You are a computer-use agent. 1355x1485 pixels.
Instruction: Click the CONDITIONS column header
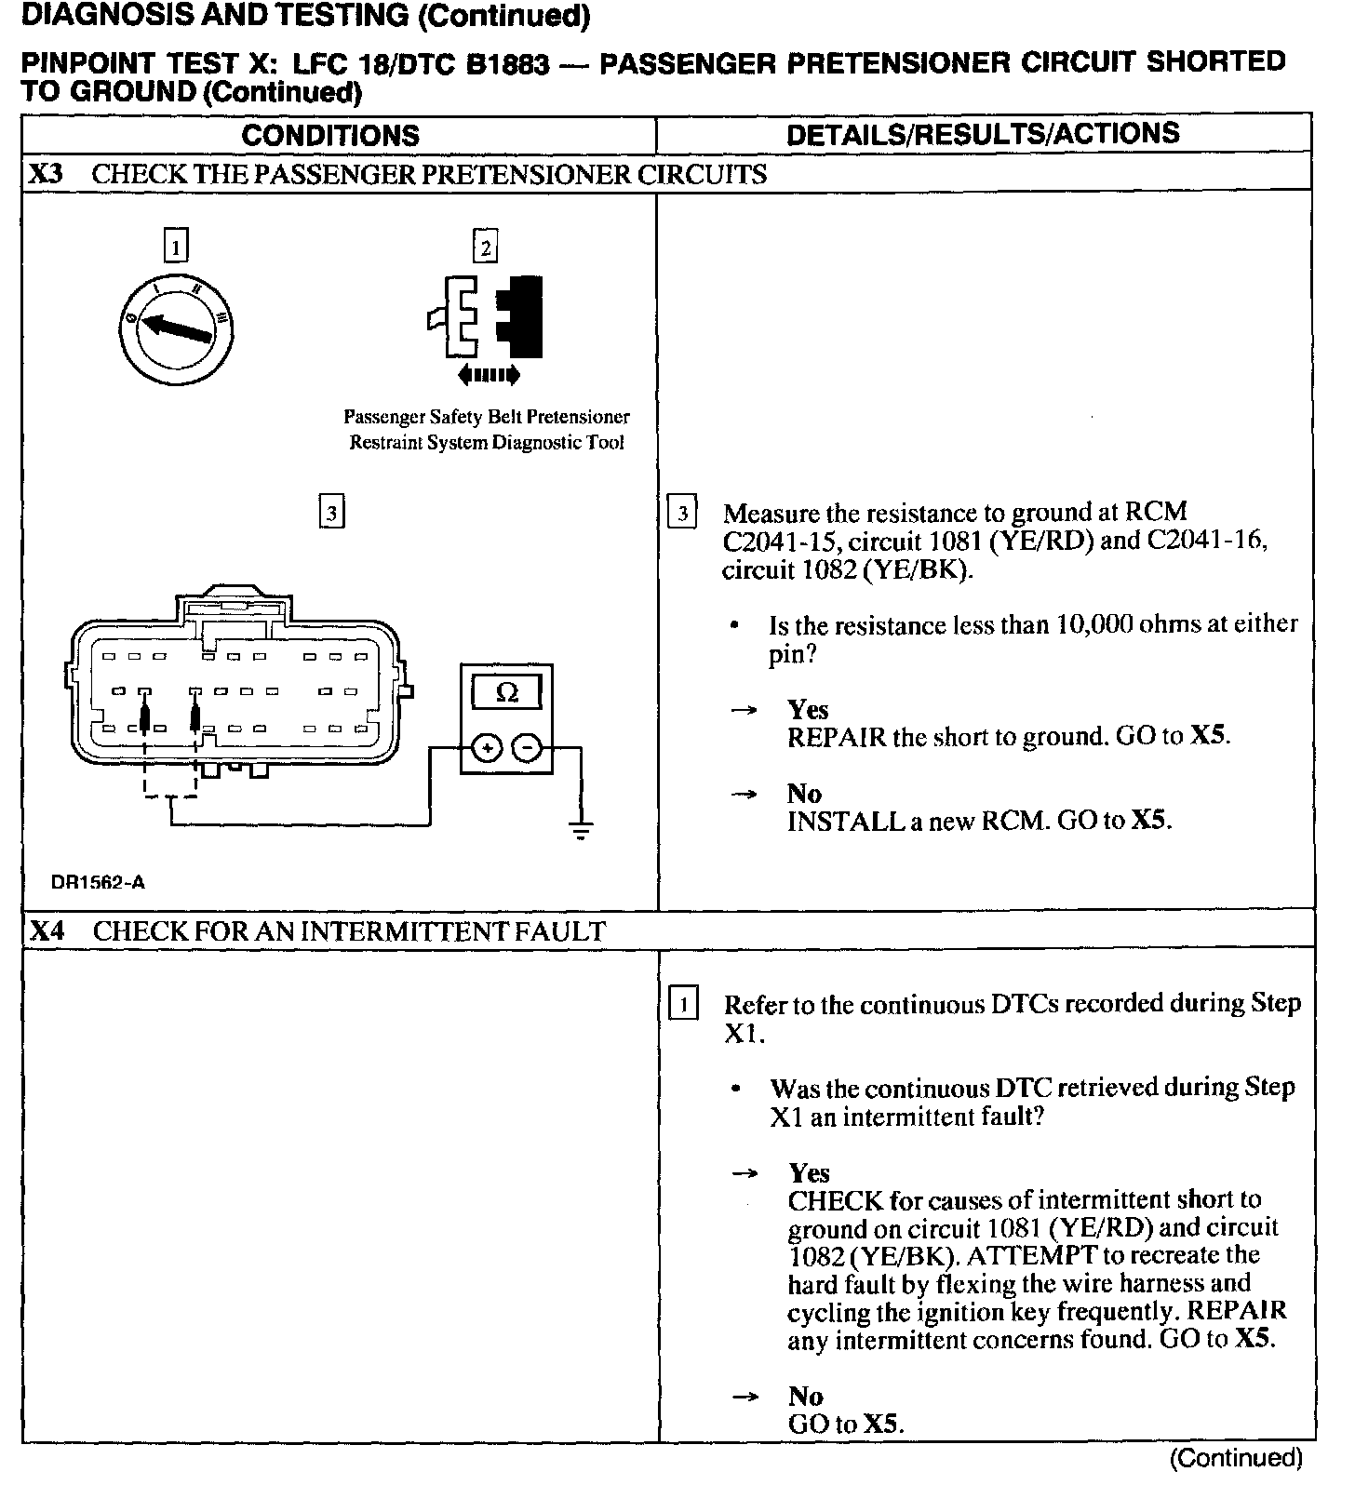point(330,136)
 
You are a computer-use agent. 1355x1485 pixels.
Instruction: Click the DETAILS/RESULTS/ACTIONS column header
point(983,134)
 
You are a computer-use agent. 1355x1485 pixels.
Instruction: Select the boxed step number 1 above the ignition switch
point(175,247)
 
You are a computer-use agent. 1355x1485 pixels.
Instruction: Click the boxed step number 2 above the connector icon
point(485,247)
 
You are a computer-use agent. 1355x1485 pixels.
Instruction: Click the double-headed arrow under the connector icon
point(489,376)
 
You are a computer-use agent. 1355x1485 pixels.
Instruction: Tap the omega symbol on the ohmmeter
point(507,692)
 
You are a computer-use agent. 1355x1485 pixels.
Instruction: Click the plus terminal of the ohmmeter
point(486,747)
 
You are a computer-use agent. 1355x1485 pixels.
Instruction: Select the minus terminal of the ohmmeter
point(527,747)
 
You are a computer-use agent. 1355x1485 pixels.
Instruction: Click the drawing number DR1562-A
point(99,882)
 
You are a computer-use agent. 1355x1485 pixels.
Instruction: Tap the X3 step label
point(47,174)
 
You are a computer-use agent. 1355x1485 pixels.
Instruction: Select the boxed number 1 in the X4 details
point(684,1005)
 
